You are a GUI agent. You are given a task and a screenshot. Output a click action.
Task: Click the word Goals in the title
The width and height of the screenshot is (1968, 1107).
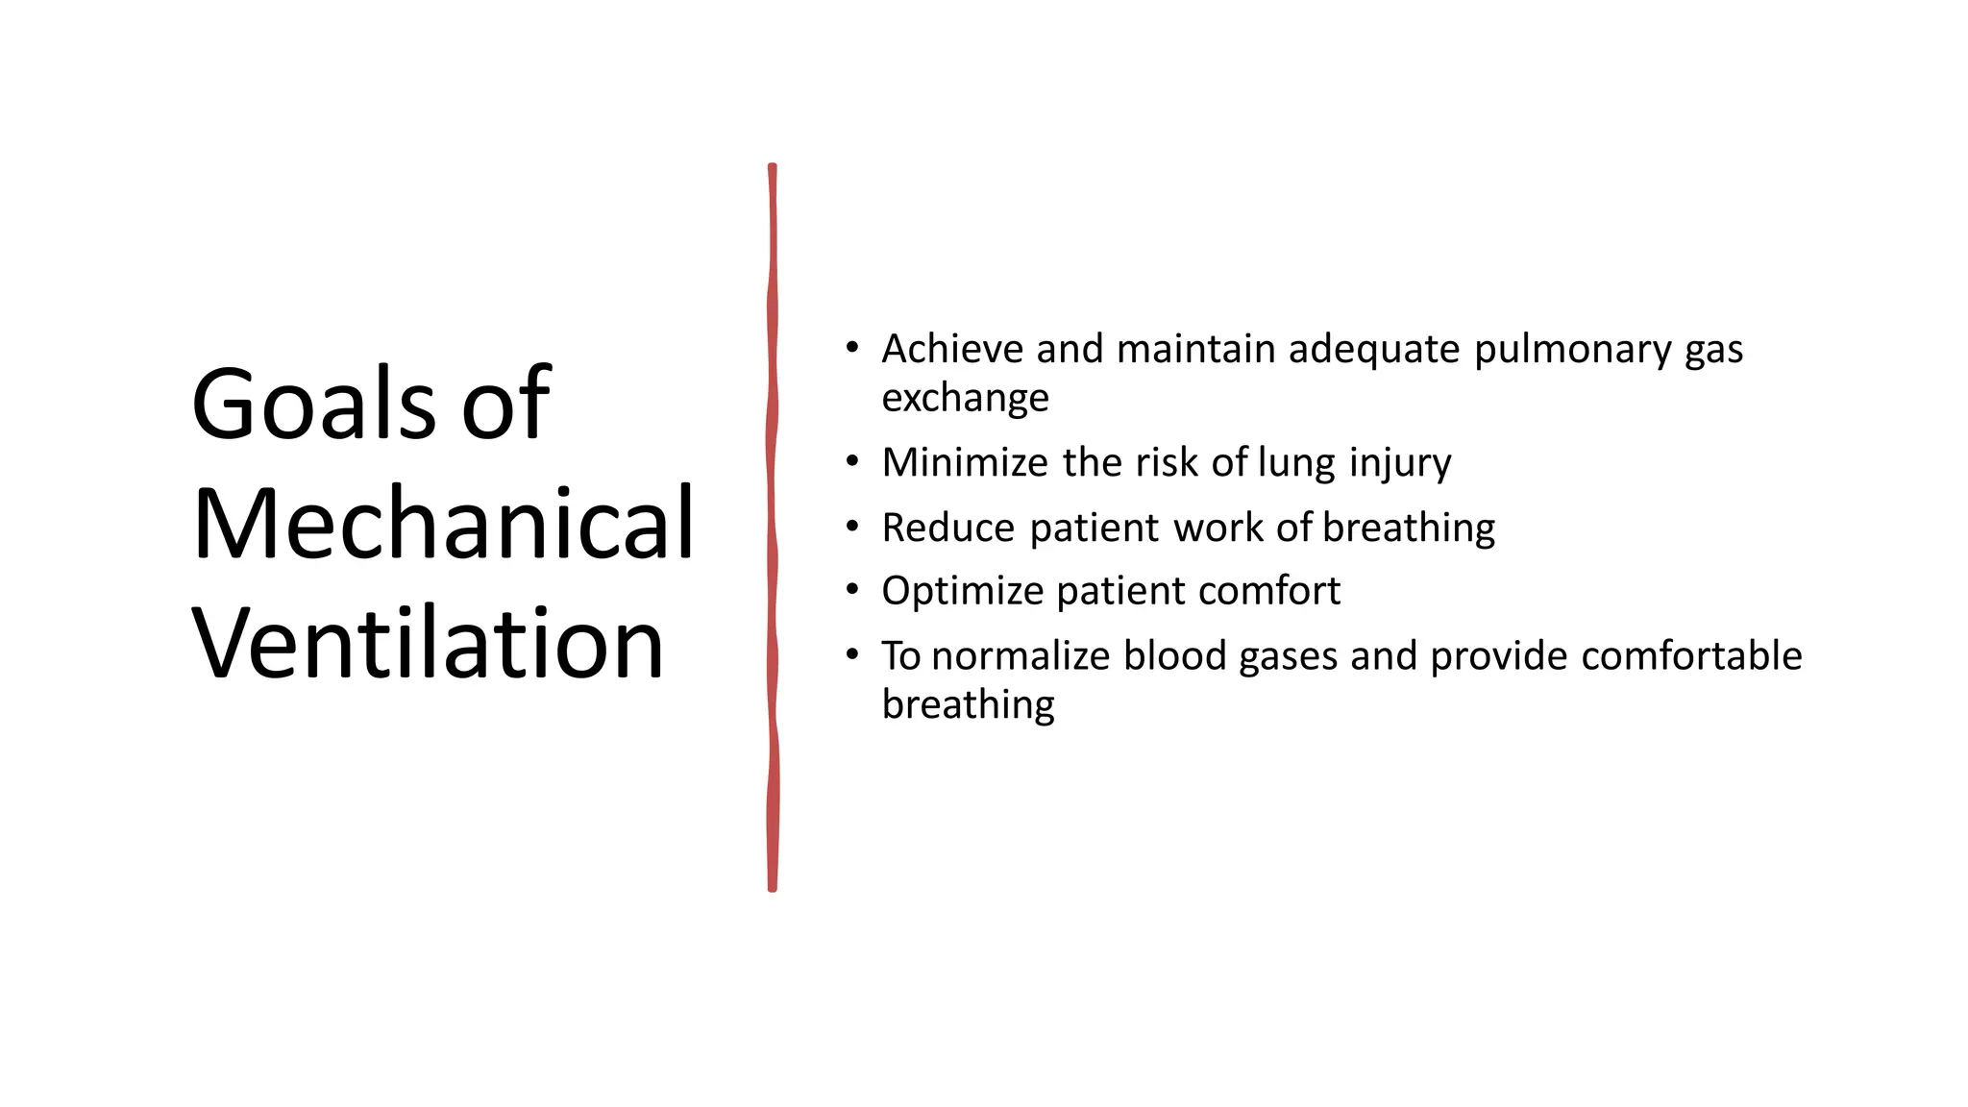pyautogui.click(x=315, y=404)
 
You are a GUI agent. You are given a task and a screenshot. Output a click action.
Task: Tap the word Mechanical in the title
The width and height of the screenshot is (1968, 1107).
pyautogui.click(x=443, y=524)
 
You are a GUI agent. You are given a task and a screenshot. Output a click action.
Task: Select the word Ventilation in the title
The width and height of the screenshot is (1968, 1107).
pyautogui.click(x=428, y=643)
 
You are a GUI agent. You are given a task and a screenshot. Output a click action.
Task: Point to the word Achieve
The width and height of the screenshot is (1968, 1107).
pyautogui.click(x=952, y=349)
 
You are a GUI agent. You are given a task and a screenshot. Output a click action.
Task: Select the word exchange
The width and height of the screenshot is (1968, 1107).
pyautogui.click(x=965, y=398)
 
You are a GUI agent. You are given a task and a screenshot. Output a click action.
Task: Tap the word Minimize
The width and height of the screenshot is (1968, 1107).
pyautogui.click(x=965, y=462)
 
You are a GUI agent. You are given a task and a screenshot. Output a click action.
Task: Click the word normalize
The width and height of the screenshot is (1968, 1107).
pyautogui.click(x=1021, y=656)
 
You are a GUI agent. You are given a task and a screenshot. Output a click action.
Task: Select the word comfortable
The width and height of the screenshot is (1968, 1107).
pyautogui.click(x=1690, y=656)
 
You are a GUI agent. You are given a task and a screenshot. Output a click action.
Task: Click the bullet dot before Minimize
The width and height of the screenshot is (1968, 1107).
pyautogui.click(x=852, y=463)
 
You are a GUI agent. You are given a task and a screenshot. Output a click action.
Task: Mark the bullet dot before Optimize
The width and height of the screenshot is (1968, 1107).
pyautogui.click(x=852, y=591)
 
